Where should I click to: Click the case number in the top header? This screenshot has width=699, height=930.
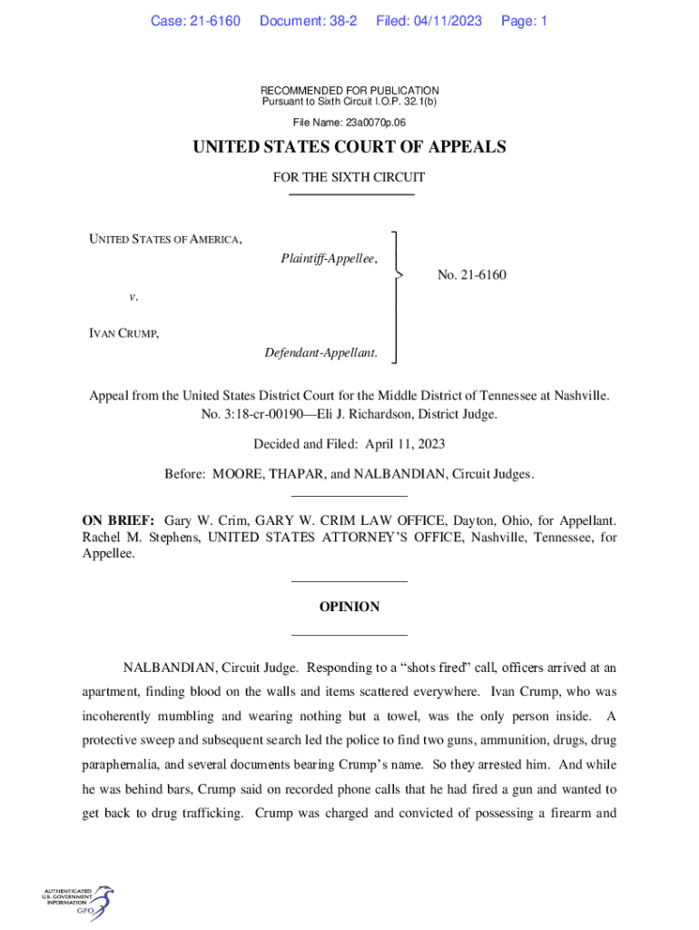click(195, 21)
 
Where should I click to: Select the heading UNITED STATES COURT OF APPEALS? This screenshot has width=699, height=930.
click(349, 147)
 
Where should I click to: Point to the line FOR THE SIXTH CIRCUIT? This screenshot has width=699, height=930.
click(349, 178)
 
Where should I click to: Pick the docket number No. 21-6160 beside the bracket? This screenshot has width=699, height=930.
click(471, 274)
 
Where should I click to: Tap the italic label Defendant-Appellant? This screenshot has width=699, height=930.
click(320, 351)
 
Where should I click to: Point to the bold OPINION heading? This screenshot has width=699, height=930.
click(349, 607)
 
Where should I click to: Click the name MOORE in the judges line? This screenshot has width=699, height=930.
click(241, 474)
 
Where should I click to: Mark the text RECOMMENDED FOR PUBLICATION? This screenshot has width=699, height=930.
click(349, 91)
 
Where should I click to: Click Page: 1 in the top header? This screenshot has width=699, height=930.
click(524, 21)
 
